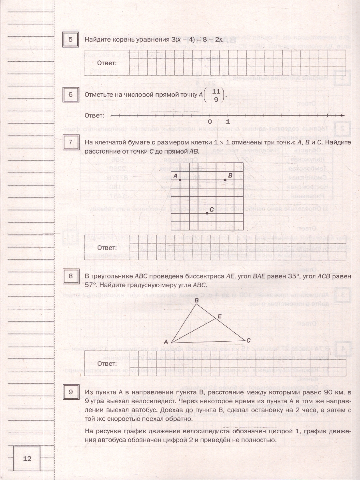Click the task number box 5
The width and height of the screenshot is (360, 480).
[x=71, y=40]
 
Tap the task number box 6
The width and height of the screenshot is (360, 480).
[x=71, y=95]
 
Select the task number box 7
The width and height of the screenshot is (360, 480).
[x=71, y=143]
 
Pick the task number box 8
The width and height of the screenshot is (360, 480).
[x=71, y=276]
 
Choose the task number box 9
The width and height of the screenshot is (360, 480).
[x=71, y=392]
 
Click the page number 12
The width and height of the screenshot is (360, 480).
[x=27, y=459]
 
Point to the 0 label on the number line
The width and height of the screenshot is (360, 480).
[x=210, y=122]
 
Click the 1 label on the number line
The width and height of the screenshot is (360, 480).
[x=228, y=122]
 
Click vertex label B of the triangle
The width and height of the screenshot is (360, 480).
[x=196, y=300]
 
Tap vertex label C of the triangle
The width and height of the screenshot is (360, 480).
[x=248, y=341]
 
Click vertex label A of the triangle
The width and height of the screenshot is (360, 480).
[x=166, y=342]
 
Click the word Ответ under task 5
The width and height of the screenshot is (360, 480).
[x=107, y=63]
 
